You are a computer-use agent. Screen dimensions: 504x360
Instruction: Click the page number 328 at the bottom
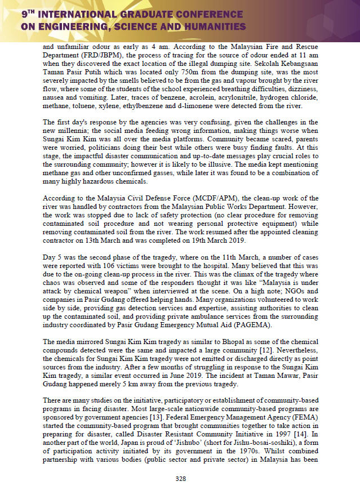(180, 479)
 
